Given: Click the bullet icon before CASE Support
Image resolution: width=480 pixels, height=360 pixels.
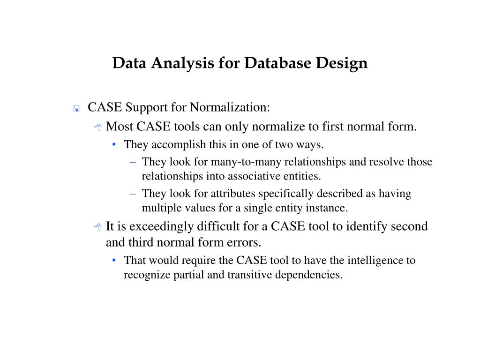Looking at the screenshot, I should pyautogui.click(x=76, y=109).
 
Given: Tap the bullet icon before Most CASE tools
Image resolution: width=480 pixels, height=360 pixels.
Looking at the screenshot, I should pyautogui.click(x=98, y=127).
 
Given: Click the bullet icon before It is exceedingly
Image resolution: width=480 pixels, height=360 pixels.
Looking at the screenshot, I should pyautogui.click(x=98, y=227).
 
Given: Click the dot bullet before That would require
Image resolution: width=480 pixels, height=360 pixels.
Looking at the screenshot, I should pyautogui.click(x=115, y=261).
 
